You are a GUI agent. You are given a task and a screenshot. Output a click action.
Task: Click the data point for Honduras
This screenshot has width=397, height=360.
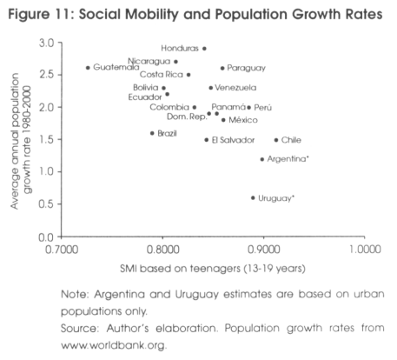coord(204,49)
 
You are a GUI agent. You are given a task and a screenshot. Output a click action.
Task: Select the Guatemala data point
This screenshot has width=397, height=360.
coord(88,68)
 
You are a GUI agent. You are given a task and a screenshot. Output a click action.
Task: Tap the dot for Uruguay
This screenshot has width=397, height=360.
coord(253,198)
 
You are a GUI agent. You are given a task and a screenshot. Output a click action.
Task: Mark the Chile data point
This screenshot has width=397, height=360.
coord(276,140)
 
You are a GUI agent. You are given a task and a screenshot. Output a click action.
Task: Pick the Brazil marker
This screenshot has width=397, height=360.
coord(152,133)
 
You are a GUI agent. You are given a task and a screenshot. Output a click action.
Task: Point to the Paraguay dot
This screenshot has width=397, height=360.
coord(222,69)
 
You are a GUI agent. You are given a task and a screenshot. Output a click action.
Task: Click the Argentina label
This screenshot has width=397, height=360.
coord(288,159)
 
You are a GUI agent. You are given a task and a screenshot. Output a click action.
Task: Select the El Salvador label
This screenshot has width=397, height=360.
coord(233,140)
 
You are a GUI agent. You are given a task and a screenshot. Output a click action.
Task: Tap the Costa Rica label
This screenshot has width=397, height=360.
coord(162,75)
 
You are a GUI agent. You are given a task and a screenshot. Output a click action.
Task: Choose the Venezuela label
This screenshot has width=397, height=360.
coord(235,88)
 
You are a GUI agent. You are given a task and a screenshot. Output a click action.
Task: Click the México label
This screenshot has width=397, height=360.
coord(243,120)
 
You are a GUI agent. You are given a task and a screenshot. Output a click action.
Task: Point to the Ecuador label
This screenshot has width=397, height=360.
coord(145,97)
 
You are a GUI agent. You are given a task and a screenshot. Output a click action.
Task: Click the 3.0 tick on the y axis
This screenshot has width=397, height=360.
coord(47,43)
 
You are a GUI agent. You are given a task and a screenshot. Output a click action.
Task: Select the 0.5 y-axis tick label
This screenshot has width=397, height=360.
coord(47,204)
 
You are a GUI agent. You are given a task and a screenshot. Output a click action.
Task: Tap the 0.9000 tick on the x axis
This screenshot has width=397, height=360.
coord(264,250)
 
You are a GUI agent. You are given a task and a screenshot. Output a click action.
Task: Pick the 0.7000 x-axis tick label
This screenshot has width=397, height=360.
coord(62,250)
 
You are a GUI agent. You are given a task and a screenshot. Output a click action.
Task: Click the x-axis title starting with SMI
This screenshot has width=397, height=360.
coord(213,269)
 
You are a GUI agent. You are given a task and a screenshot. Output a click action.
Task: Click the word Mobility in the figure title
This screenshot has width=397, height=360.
coord(150,15)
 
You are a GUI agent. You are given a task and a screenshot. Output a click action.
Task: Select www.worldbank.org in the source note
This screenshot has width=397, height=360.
coord(114,345)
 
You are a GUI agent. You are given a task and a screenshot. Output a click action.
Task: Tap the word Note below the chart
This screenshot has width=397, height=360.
coord(75,294)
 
